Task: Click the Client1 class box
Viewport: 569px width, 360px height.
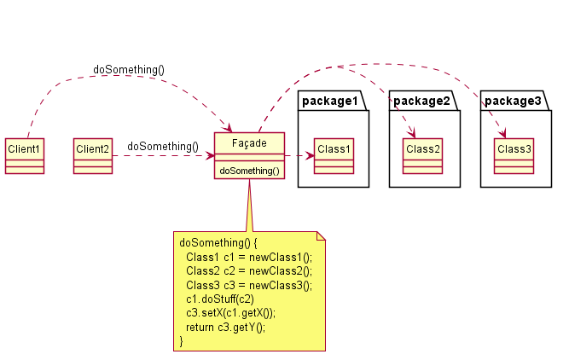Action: pos(24,155)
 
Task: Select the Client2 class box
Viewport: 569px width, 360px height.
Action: pos(93,155)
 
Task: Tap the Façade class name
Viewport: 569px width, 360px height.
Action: pos(249,142)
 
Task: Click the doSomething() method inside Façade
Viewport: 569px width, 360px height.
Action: pos(249,171)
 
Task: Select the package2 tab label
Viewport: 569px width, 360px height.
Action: pos(421,102)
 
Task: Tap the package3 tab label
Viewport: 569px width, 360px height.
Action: pos(513,102)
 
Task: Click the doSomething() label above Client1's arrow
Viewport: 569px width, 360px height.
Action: pos(129,69)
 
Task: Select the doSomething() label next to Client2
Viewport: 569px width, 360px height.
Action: pos(162,146)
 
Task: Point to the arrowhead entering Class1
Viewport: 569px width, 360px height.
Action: pos(310,155)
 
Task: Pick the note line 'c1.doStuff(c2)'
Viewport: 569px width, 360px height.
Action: pos(219,299)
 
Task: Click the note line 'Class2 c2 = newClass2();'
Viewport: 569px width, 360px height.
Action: pos(248,270)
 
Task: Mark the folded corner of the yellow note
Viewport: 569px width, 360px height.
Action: pos(322,235)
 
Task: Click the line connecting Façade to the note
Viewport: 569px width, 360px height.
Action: pos(248,205)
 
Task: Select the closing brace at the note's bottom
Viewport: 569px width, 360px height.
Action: pos(182,341)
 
